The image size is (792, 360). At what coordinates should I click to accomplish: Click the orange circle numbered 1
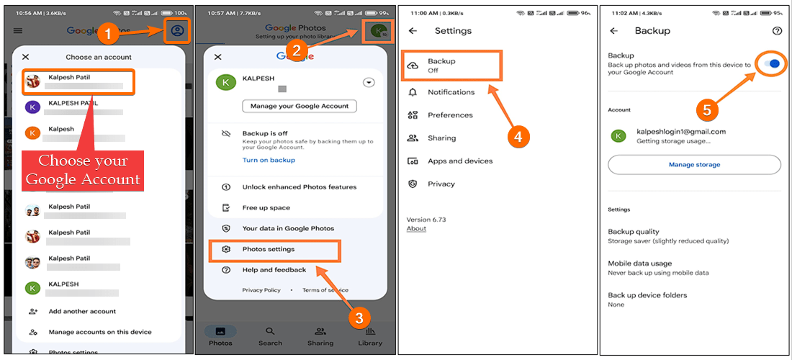107,31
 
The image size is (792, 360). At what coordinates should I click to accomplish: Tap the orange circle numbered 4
518,137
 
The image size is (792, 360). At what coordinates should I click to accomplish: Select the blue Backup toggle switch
771,64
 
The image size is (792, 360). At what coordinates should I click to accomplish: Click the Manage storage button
694,165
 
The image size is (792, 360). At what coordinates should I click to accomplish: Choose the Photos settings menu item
269,249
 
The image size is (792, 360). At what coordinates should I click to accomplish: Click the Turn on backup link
269,160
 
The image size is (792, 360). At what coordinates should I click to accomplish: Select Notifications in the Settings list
451,92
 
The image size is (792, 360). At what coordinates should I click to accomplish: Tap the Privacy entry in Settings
441,184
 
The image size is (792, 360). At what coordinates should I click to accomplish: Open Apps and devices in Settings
460,161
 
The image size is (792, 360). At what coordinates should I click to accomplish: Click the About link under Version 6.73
416,229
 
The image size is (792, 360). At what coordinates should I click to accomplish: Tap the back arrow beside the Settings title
413,31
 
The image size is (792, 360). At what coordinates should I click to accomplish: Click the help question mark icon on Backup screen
776,31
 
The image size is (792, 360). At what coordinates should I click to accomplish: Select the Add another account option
82,312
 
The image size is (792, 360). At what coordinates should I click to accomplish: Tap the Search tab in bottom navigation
270,336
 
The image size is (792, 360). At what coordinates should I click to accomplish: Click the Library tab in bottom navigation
370,336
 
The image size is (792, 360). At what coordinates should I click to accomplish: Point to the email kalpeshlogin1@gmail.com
681,132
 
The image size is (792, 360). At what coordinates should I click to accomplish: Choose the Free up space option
266,208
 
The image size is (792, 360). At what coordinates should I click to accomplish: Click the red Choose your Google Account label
83,170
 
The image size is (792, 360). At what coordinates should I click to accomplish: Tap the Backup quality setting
634,232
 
